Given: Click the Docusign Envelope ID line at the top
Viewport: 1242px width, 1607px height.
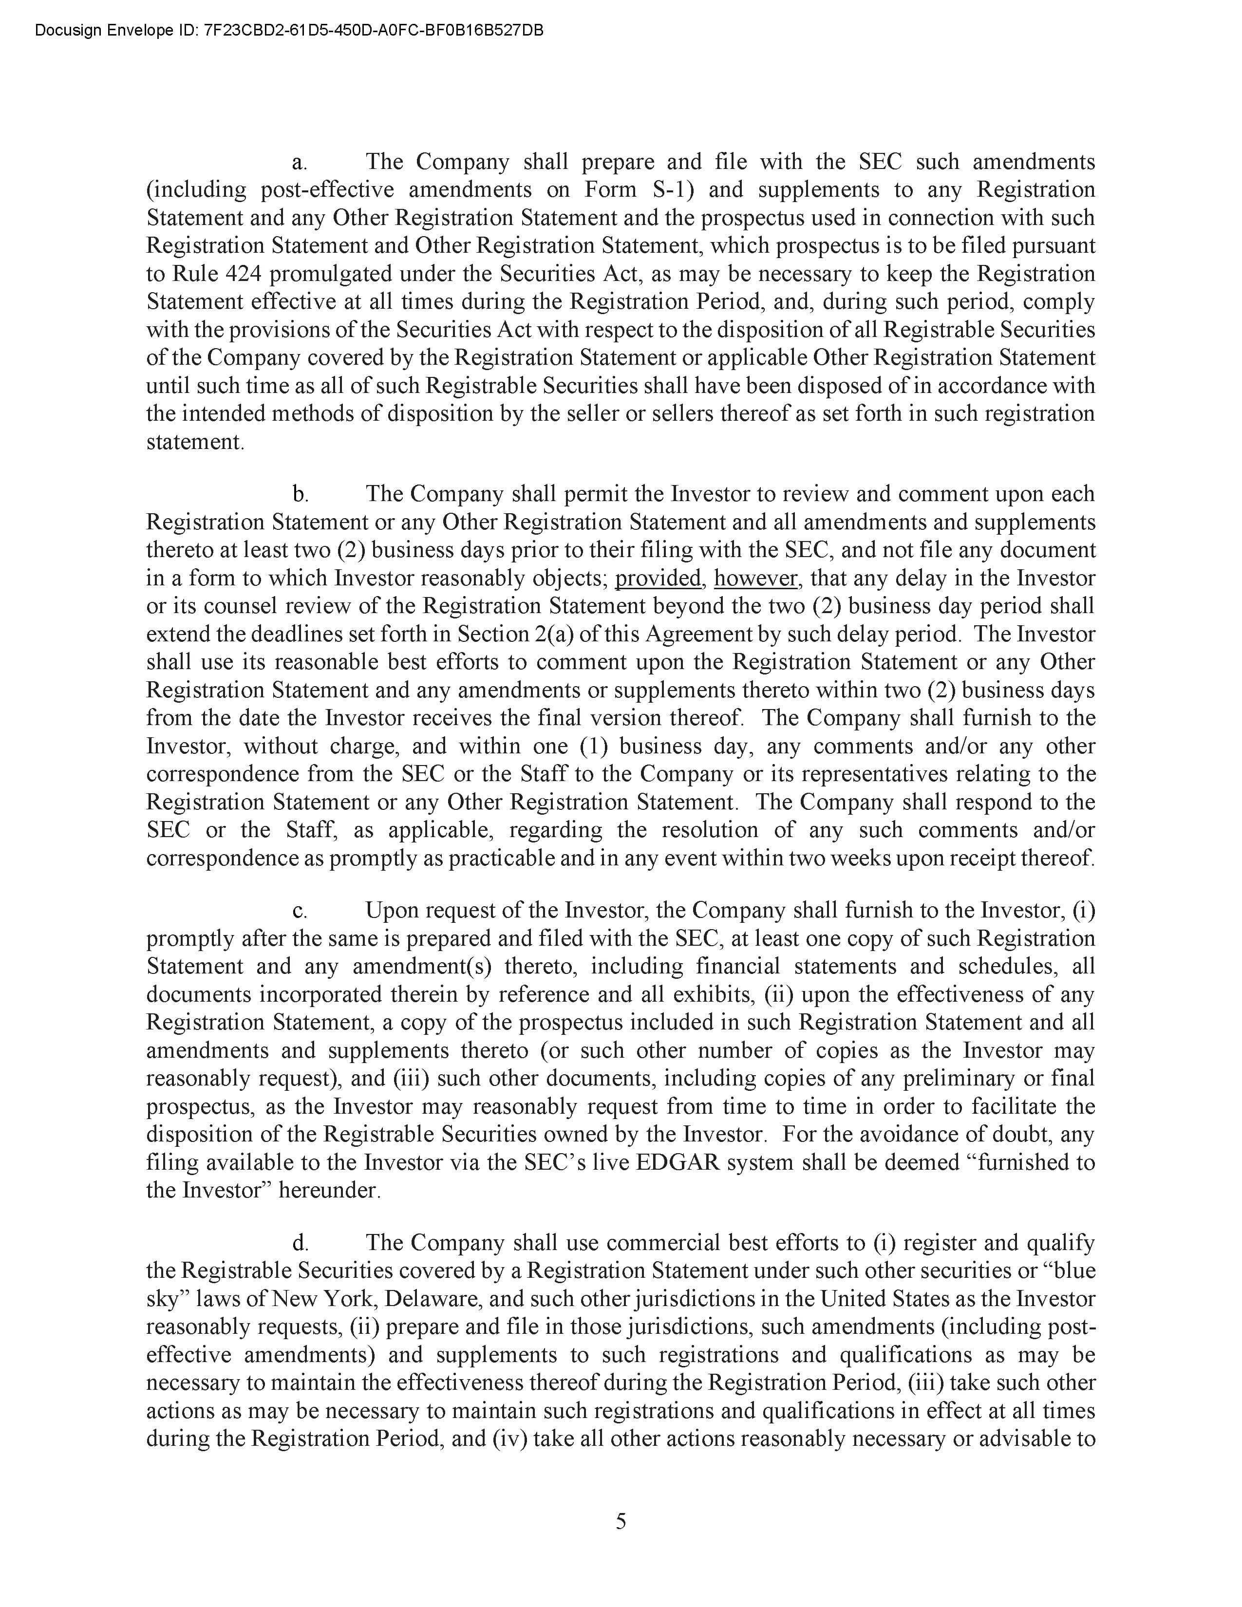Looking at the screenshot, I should click(x=289, y=30).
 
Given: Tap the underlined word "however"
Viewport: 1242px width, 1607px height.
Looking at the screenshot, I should click(x=755, y=579).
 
